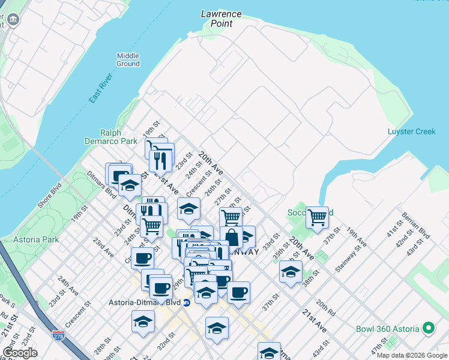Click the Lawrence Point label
click(x=221, y=19)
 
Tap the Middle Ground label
click(x=128, y=59)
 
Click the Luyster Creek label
click(x=411, y=131)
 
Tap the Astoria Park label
click(x=37, y=239)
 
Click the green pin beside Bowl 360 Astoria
click(x=428, y=328)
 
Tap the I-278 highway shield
click(x=58, y=335)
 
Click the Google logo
click(x=20, y=353)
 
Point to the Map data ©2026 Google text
click(x=412, y=355)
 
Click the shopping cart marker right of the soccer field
click(x=317, y=217)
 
